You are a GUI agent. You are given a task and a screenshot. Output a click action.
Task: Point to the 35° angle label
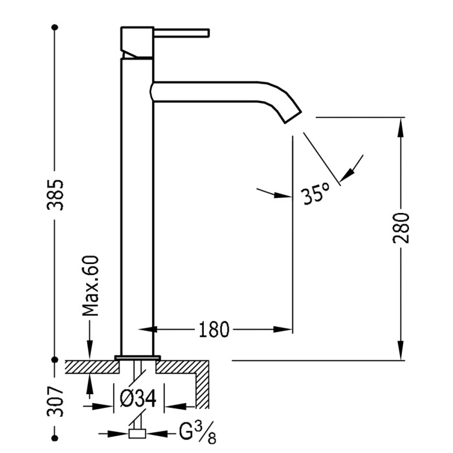316,193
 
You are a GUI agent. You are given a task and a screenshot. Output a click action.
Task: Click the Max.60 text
91,285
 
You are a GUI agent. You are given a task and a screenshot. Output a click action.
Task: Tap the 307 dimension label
57,401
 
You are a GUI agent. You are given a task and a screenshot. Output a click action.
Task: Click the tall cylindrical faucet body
137,207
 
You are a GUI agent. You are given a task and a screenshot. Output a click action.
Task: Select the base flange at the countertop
137,357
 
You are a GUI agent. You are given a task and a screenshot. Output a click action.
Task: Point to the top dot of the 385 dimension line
55,27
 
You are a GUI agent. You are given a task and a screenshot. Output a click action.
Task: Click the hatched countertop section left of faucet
91,367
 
